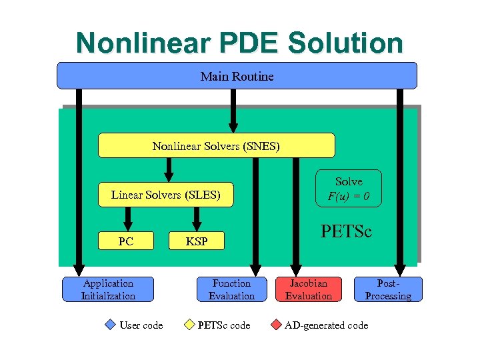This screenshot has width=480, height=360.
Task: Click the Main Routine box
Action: click(237, 76)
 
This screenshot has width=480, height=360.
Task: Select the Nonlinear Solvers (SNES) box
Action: click(216, 145)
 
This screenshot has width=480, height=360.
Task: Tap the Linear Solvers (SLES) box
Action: click(165, 195)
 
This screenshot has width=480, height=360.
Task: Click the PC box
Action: click(126, 241)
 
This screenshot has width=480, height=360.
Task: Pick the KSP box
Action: click(197, 241)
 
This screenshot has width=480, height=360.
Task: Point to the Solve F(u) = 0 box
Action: click(349, 189)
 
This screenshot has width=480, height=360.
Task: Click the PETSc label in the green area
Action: click(346, 232)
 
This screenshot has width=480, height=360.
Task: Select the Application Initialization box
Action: click(108, 289)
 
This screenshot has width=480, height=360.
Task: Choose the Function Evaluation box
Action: click(231, 289)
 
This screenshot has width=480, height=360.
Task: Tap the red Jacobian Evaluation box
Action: click(308, 289)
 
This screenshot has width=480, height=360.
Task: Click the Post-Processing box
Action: click(388, 289)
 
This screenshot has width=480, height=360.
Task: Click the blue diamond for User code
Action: click(111, 325)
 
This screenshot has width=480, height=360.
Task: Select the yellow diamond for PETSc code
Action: click(189, 325)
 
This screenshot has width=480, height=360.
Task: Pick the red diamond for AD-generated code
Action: click(275, 325)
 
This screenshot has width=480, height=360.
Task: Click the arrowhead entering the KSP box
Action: click(197, 225)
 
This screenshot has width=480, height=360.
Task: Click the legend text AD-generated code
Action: click(326, 325)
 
